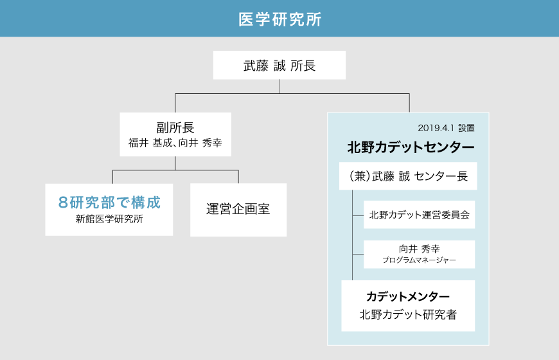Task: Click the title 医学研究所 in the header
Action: [x=280, y=19]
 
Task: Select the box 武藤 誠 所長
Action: [x=279, y=65]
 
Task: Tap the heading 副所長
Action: [x=175, y=127]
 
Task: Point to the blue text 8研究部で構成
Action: [x=109, y=203]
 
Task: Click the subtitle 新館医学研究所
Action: [x=109, y=219]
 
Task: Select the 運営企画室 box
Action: [x=238, y=210]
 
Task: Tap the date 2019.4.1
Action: [x=436, y=128]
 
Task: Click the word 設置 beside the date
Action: [x=466, y=128]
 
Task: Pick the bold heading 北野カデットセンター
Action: [x=411, y=147]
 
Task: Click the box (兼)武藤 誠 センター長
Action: [x=408, y=176]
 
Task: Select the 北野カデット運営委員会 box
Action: [x=419, y=215]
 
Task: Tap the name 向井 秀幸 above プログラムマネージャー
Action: [x=419, y=249]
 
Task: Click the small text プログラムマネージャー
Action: [x=419, y=260]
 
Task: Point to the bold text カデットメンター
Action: [x=408, y=296]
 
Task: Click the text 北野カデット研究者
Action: [x=408, y=314]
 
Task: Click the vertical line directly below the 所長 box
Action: [x=279, y=86]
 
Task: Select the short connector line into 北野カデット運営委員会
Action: [x=358, y=215]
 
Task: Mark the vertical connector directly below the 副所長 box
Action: [x=175, y=163]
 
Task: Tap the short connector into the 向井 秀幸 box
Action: [x=358, y=254]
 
